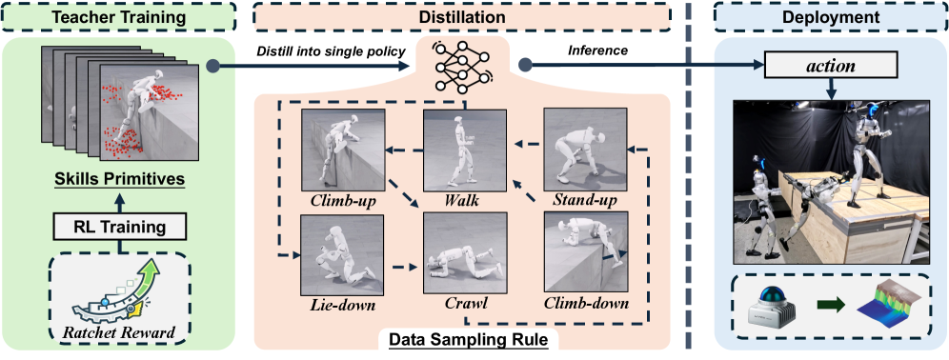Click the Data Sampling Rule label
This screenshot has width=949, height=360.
pos(462,337)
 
